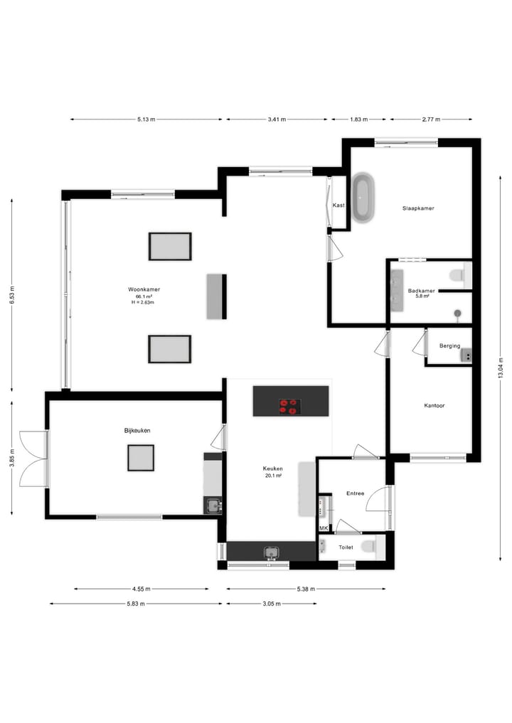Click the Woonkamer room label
[143, 290]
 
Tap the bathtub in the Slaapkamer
[363, 197]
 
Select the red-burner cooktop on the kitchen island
[289, 407]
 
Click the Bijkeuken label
[137, 431]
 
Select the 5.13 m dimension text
[147, 119]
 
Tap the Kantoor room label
[434, 406]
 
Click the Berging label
[449, 346]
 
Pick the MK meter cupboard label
[324, 528]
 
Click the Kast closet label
[338, 205]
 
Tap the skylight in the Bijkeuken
[141, 457]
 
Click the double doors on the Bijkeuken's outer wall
[33, 459]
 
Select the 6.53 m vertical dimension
[11, 295]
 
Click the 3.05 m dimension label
[272, 604]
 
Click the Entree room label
[355, 493]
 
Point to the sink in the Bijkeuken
[213, 505]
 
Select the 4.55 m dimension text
[141, 589]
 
